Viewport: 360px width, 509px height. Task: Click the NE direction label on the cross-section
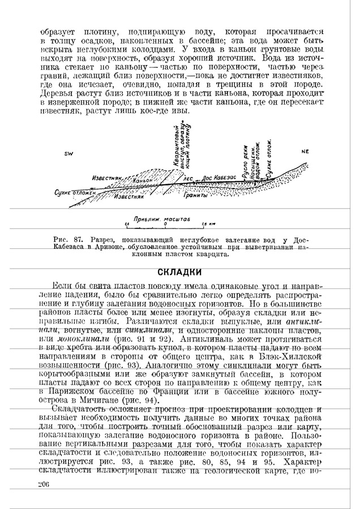click(306, 152)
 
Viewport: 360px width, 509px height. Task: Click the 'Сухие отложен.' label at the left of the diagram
click(75, 193)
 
